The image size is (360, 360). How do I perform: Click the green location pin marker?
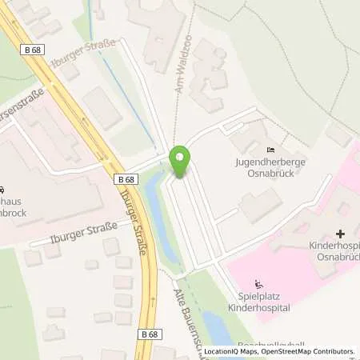pyautogui.click(x=181, y=161)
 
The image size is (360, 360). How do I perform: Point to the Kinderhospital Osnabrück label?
pyautogui.click(x=334, y=249)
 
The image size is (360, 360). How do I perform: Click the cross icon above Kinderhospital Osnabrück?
pyautogui.click(x=341, y=234)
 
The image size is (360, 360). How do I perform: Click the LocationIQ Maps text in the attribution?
pyautogui.click(x=232, y=351)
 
